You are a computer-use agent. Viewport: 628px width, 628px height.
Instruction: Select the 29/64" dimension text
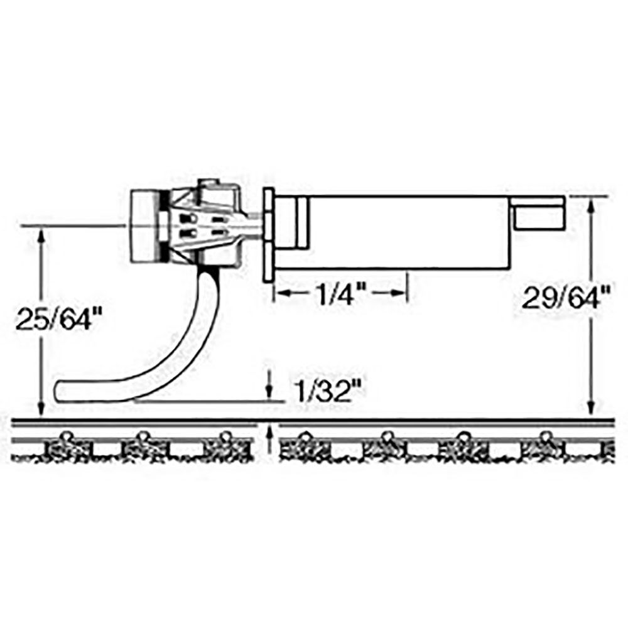[x=561, y=296]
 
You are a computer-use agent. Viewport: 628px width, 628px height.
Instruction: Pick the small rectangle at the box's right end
[x=538, y=217]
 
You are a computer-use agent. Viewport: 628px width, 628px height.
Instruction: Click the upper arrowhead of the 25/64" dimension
[x=41, y=235]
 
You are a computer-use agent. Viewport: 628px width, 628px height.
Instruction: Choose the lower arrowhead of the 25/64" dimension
[x=41, y=409]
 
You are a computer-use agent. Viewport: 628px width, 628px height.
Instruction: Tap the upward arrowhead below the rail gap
[x=270, y=431]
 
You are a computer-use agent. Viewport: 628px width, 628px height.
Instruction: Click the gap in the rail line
[x=270, y=419]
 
